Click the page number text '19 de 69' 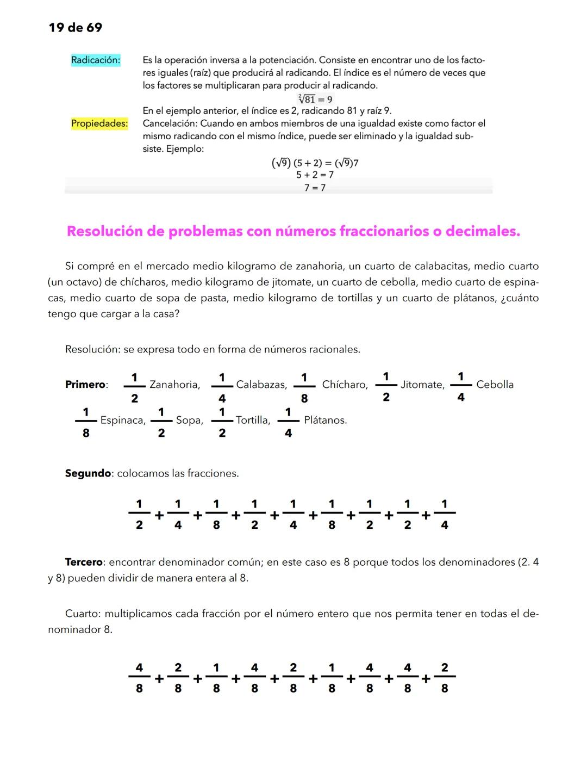[x=75, y=28]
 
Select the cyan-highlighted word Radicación [x=95, y=60]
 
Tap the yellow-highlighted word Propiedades [x=99, y=124]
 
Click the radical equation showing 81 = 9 [x=315, y=99]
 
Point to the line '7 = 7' [x=315, y=188]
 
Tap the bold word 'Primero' [x=85, y=385]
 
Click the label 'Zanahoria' [x=174, y=385]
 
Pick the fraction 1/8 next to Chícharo [x=304, y=387]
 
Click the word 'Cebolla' [x=495, y=385]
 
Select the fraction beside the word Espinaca [x=86, y=422]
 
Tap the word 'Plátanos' [x=325, y=421]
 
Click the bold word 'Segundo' [x=88, y=473]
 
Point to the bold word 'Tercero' [x=84, y=562]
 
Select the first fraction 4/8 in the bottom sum [x=139, y=678]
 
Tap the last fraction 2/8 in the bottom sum [x=445, y=678]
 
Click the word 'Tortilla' [x=252, y=421]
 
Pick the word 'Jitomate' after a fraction [x=422, y=385]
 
